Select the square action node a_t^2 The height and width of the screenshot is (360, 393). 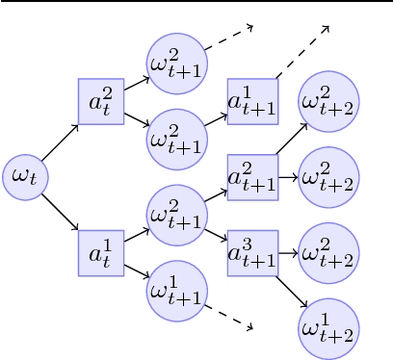pos(101,100)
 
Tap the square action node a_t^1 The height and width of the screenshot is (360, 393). pos(101,253)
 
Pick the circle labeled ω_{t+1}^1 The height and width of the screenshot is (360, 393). pos(175,287)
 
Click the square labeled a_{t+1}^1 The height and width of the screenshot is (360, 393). pos(252,101)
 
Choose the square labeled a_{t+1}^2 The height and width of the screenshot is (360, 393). pos(252,176)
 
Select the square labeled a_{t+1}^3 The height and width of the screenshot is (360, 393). pos(252,253)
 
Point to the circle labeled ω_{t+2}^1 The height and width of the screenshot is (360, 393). pos(327,329)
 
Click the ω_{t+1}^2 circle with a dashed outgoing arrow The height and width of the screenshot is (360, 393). pos(175,60)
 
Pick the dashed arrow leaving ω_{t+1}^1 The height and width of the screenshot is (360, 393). pos(227,317)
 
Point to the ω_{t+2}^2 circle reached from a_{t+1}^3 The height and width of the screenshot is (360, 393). pos(327,253)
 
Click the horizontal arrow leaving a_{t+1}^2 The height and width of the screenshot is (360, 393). pos(287,177)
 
